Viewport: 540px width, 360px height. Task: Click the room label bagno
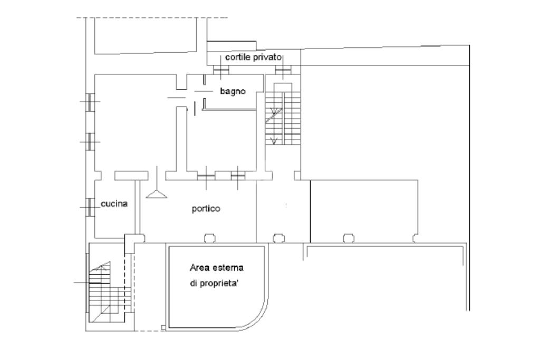coord(233,91)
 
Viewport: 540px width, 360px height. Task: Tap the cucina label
coord(114,203)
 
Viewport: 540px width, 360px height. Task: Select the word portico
coord(206,209)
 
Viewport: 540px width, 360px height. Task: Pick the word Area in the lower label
coord(198,267)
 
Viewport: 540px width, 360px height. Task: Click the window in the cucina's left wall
coord(90,207)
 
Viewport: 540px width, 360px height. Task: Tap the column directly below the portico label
coord(209,238)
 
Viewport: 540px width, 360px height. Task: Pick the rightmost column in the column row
coord(414,238)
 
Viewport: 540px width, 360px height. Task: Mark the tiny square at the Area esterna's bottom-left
coord(163,328)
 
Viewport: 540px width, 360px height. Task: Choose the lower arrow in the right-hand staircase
coord(274,140)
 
